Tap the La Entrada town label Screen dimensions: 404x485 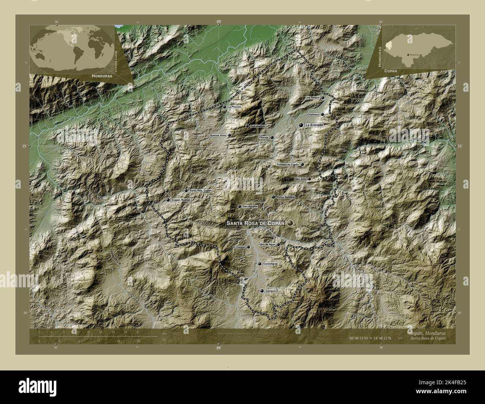click(x=313, y=126)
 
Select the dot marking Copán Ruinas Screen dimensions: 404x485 click(x=168, y=200)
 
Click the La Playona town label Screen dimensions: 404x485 click(x=235, y=107)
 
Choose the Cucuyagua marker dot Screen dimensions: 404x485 click(x=260, y=264)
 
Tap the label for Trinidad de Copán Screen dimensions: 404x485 click(x=288, y=164)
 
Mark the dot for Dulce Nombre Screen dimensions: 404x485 click(x=273, y=197)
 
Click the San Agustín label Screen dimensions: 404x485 click(x=250, y=206)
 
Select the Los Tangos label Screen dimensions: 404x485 click(x=313, y=98)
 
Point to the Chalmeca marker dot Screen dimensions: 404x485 click(x=322, y=114)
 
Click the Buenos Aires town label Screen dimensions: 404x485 click(x=218, y=135)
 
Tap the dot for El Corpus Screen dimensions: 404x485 click(x=248, y=247)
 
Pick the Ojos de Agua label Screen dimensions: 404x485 click(x=267, y=244)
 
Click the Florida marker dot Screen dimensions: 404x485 click(x=272, y=138)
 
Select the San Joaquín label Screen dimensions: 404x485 click(x=258, y=126)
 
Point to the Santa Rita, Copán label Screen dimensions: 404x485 click(x=200, y=191)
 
